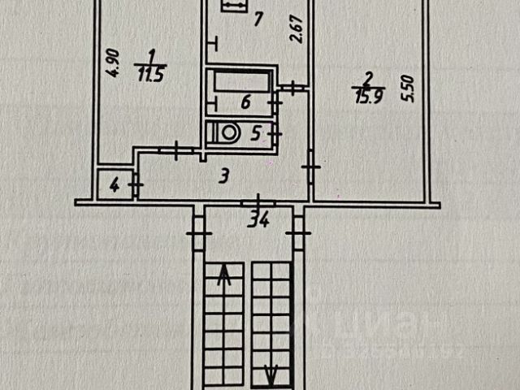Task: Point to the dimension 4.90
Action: pos(114,63)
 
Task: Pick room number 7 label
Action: pos(257,19)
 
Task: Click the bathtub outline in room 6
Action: pos(240,83)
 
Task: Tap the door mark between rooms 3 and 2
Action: pos(310,166)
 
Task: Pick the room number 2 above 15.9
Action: pos(367,78)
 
